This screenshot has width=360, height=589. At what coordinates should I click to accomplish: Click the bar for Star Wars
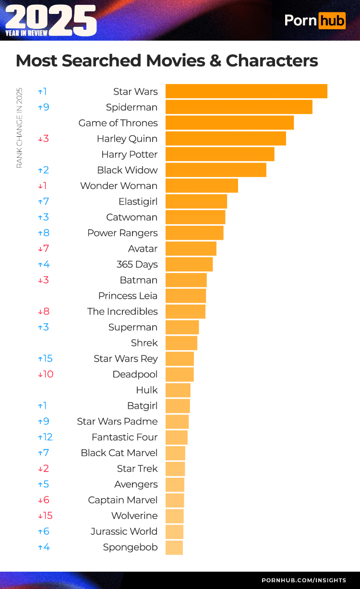[246, 91]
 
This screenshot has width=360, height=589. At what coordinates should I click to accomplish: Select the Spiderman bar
[239, 107]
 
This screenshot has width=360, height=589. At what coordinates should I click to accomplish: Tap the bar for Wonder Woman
[202, 186]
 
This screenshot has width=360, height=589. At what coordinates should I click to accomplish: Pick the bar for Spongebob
[174, 547]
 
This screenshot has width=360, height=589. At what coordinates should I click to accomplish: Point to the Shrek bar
[181, 343]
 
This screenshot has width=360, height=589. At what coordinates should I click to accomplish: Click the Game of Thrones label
[118, 123]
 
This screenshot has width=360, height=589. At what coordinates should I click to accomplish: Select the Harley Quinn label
[127, 139]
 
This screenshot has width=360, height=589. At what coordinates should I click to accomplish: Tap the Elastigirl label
[138, 201]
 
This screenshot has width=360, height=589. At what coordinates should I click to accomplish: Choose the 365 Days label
[137, 264]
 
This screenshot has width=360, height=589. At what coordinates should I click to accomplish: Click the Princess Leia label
[128, 296]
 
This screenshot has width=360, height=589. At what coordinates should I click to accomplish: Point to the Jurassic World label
[124, 531]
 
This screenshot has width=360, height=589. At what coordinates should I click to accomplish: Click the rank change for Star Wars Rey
[45, 359]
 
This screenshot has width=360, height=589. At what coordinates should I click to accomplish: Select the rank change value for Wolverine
[45, 516]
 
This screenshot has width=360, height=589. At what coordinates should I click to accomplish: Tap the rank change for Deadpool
[46, 374]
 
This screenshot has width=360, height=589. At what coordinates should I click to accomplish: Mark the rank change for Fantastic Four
[45, 437]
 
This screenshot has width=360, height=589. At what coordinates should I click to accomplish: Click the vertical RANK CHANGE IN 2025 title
[20, 128]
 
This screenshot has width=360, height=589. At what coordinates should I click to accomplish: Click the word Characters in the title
[272, 61]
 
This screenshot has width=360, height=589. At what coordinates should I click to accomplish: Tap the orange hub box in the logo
[332, 20]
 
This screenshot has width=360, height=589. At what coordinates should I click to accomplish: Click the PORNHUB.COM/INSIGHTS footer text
[303, 580]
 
